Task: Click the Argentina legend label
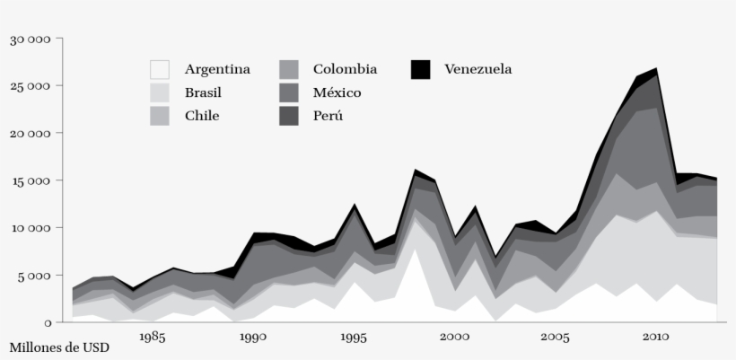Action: pyautogui.click(x=217, y=69)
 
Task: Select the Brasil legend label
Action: pyautogui.click(x=203, y=92)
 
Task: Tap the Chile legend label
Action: pyautogui.click(x=202, y=116)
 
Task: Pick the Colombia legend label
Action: pyautogui.click(x=345, y=69)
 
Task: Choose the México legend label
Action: pyautogui.click(x=337, y=92)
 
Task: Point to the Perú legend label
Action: pyautogui.click(x=328, y=116)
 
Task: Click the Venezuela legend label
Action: pyautogui.click(x=478, y=69)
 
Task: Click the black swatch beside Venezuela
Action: pyautogui.click(x=420, y=69)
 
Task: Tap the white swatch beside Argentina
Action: pyautogui.click(x=160, y=69)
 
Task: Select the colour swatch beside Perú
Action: pyautogui.click(x=289, y=116)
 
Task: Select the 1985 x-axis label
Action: pyautogui.click(x=152, y=338)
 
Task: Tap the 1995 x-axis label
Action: pyautogui.click(x=354, y=338)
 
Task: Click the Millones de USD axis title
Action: pyautogui.click(x=60, y=347)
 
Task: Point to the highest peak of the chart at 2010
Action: pyautogui.click(x=656, y=68)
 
